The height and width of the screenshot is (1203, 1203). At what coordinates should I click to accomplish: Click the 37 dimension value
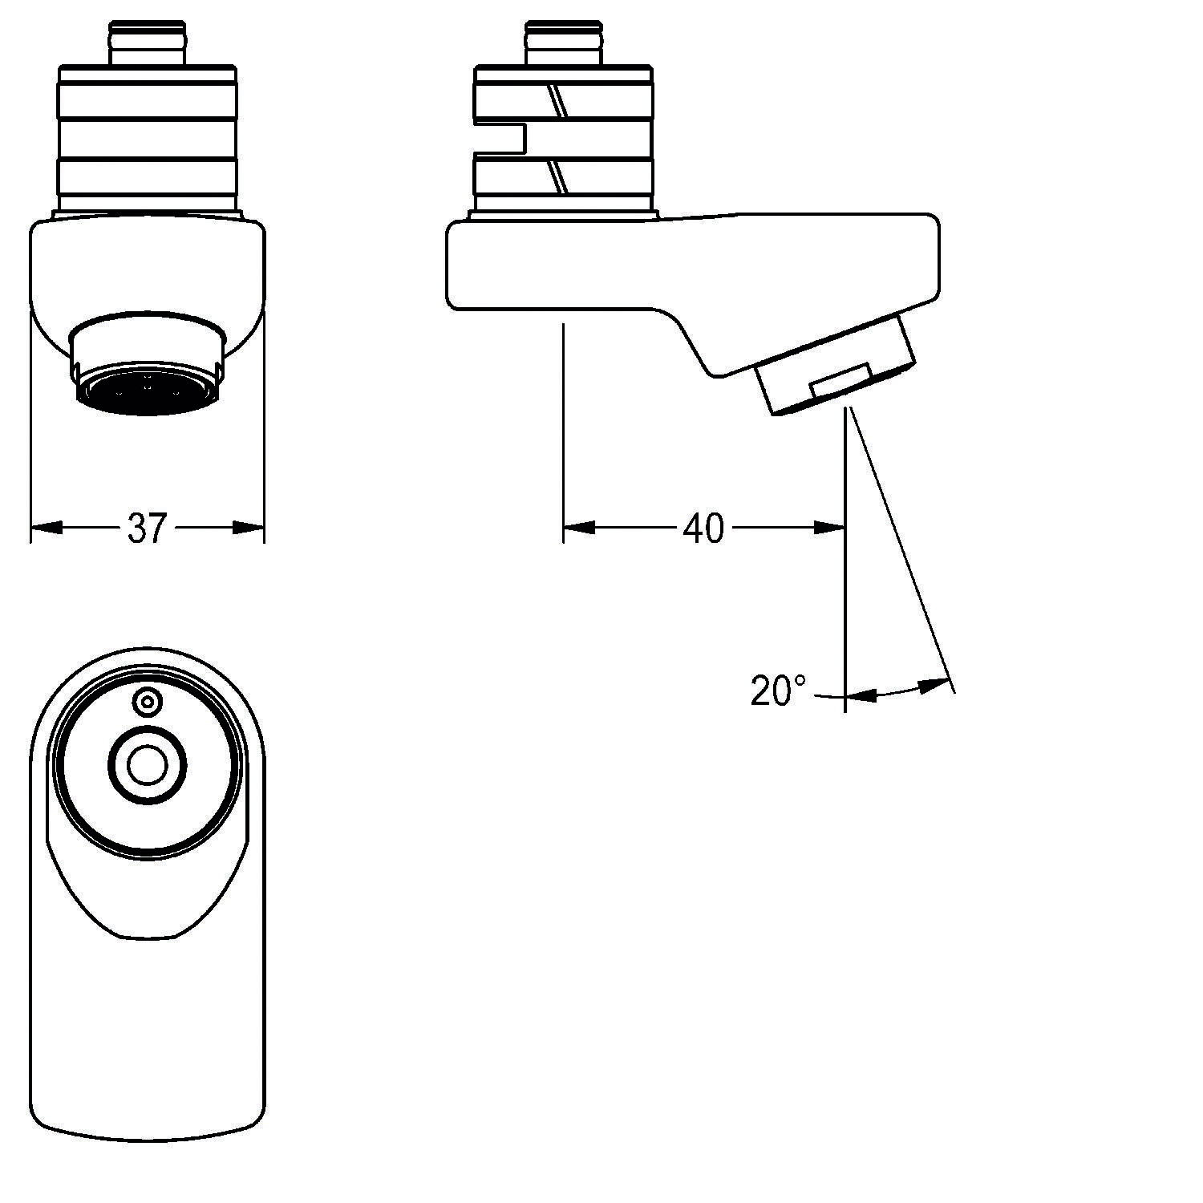point(146,529)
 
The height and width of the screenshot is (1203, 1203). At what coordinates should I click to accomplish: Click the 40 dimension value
point(703,529)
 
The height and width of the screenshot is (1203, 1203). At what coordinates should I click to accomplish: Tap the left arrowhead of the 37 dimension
point(47,528)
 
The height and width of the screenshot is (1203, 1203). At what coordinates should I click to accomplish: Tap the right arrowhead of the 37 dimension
point(249,528)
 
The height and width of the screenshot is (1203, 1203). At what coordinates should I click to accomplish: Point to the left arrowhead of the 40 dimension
point(579,528)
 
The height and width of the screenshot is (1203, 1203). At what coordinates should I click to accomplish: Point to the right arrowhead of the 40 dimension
point(829,528)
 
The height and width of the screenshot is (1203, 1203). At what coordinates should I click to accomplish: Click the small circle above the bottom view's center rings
point(147,703)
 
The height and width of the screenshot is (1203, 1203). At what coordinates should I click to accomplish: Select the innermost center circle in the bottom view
point(147,766)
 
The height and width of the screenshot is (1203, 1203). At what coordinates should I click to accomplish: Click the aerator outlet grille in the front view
point(148,391)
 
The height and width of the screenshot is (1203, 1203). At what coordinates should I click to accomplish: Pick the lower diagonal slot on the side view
point(557,176)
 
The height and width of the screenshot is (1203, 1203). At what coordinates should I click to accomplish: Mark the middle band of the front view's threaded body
point(148,140)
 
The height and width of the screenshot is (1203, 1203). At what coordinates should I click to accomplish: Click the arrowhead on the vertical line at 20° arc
point(861,696)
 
